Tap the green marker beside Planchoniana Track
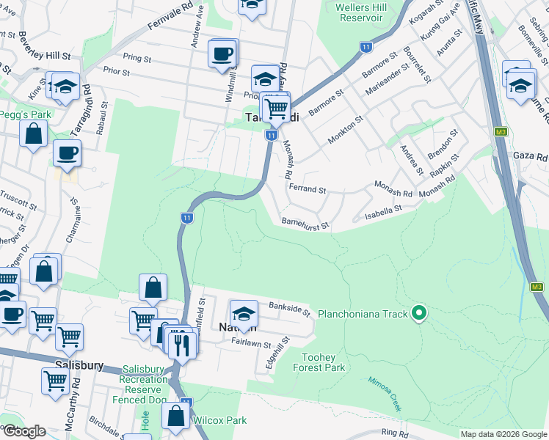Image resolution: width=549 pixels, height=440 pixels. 419,314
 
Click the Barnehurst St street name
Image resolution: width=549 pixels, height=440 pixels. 304,221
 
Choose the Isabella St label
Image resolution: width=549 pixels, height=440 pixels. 384,213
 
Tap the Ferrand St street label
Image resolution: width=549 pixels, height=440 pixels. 307,189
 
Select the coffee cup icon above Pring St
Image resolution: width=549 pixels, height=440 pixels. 222,54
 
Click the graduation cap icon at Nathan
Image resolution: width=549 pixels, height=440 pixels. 244,314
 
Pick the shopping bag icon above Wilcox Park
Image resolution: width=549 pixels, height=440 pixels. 176,416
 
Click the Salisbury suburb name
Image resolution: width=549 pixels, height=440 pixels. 78,365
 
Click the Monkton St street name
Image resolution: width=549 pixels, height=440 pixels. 345,130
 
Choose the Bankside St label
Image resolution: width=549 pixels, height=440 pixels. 290,308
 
